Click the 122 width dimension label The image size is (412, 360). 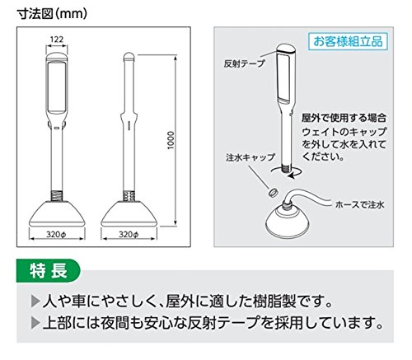click(x=57, y=40)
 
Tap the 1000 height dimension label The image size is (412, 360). click(x=171, y=140)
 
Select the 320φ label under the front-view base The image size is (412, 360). click(x=56, y=234)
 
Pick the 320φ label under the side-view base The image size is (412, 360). click(x=129, y=234)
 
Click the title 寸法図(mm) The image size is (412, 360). click(x=52, y=14)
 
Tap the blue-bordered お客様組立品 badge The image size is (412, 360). click(x=348, y=41)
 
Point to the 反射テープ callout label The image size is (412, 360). click(x=244, y=63)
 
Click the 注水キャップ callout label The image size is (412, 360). click(x=250, y=157)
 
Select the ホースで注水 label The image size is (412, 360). click(x=360, y=204)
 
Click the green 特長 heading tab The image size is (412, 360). click(x=48, y=270)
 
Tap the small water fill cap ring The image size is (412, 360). click(x=273, y=193)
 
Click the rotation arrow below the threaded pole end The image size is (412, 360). click(x=287, y=172)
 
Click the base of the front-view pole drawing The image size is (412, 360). click(x=57, y=213)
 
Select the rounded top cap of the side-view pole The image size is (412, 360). click(x=129, y=57)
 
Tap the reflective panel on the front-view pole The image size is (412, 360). click(x=57, y=86)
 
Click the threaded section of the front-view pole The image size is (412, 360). click(x=57, y=195)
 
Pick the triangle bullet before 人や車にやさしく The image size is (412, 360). click(x=35, y=302)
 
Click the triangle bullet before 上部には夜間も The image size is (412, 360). click(x=35, y=323)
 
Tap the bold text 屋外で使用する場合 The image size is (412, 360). click(x=344, y=118)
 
